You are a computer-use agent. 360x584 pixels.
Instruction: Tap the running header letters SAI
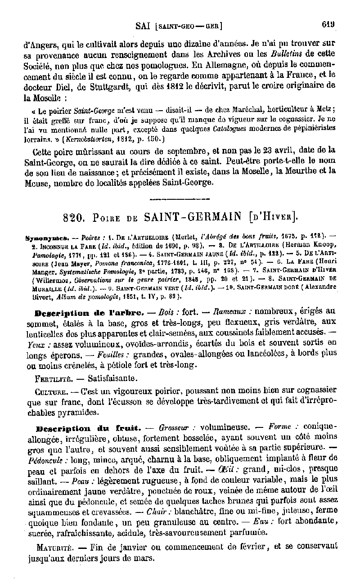coord(144,26)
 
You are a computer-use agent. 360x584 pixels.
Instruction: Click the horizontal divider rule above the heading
coord(180,198)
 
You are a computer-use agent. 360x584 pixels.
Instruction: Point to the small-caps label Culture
coord(49,391)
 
